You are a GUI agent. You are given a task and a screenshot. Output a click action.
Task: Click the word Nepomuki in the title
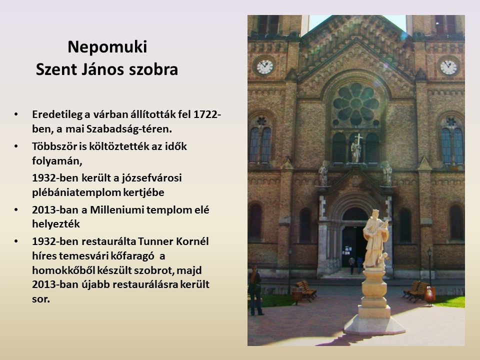click(x=107, y=47)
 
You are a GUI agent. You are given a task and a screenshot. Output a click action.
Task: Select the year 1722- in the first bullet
click(x=207, y=114)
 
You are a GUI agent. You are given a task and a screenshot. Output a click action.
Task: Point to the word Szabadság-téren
click(x=129, y=129)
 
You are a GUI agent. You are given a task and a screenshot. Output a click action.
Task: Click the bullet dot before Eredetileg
click(x=16, y=114)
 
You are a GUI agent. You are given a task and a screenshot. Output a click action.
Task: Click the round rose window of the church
click(x=355, y=103)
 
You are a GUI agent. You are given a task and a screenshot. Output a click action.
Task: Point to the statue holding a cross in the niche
click(x=356, y=149)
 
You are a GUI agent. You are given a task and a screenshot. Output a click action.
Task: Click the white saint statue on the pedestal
click(x=375, y=239)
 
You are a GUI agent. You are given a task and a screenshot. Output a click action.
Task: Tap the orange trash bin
click(x=429, y=295)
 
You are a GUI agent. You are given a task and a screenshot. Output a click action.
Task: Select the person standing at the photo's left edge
click(x=255, y=291)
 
